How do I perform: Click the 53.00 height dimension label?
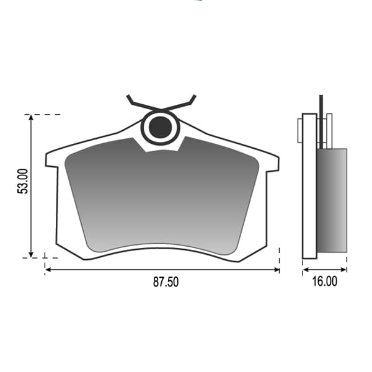click(x=23, y=181)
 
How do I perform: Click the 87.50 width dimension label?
click(x=166, y=282)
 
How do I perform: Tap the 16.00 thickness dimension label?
click(x=324, y=281)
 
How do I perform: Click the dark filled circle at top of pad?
click(x=160, y=127)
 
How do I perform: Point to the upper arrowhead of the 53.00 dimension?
click(x=31, y=117)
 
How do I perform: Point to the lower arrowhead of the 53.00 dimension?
click(x=31, y=255)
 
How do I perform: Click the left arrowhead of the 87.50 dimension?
click(x=48, y=270)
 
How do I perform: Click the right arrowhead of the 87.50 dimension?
click(x=277, y=270)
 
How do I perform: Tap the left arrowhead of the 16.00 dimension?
click(x=306, y=270)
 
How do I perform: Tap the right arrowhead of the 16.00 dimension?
click(x=343, y=270)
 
